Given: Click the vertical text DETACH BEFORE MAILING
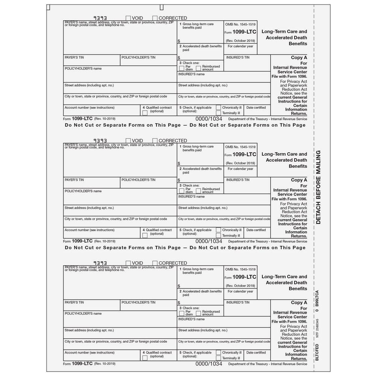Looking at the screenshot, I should (318, 187).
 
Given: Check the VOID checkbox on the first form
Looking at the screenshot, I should (128, 18).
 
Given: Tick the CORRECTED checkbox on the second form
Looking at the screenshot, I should (155, 141).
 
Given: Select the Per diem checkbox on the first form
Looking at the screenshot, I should (182, 68).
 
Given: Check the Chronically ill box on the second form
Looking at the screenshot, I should (218, 230).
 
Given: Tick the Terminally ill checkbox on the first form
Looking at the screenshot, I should (218, 113).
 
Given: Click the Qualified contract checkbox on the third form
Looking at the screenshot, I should (145, 358).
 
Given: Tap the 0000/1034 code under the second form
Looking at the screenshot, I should (209, 241).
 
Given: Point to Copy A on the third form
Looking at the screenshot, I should (299, 303).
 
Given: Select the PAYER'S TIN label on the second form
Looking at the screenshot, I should (74, 180).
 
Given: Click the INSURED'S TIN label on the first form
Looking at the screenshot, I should (238, 58).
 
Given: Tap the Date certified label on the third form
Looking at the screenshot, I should (256, 353).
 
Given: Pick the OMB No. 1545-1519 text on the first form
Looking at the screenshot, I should (240, 24).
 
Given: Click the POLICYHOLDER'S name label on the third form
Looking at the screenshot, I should (83, 314).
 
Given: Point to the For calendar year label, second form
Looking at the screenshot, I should (240, 169).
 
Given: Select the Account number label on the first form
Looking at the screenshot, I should (89, 108).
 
